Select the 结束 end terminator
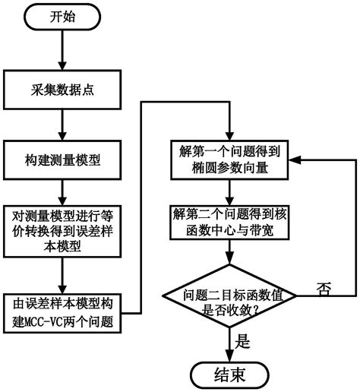click(229, 374)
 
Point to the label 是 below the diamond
click(244, 343)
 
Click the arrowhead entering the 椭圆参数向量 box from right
click(295, 160)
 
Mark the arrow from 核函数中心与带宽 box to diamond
click(229, 255)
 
